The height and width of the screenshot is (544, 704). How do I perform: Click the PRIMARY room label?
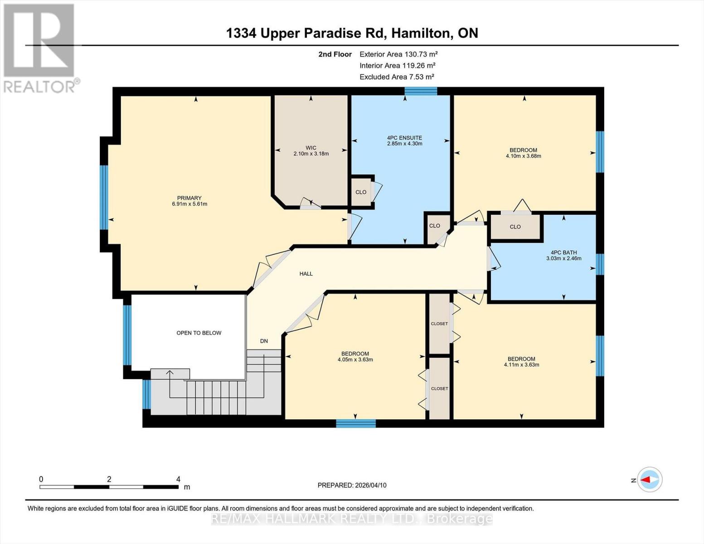click(189, 198)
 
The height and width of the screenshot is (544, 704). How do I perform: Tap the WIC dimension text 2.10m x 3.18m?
click(311, 154)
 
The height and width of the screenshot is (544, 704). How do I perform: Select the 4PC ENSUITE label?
click(404, 138)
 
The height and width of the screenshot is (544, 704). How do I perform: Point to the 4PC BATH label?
click(563, 253)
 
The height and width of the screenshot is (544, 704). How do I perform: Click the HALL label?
click(306, 274)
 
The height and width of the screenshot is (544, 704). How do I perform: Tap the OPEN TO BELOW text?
click(199, 333)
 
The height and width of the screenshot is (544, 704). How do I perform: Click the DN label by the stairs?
click(264, 341)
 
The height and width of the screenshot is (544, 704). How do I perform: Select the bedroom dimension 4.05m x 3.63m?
click(355, 359)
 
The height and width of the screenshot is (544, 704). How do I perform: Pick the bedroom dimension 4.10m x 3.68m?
click(523, 156)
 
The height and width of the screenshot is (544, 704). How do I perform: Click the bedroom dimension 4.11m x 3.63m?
click(521, 364)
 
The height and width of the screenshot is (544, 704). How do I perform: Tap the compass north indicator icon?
click(650, 479)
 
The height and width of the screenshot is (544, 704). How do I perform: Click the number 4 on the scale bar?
click(178, 479)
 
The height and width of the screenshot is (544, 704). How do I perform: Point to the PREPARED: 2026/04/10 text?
click(352, 485)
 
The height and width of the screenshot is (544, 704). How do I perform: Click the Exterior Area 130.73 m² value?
click(398, 54)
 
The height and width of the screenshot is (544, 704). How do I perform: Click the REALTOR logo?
click(40, 48)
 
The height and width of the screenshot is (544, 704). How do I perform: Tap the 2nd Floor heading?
click(335, 54)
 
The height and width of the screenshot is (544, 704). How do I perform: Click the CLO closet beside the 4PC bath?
click(515, 227)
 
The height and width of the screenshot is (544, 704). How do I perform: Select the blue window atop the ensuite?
click(420, 91)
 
